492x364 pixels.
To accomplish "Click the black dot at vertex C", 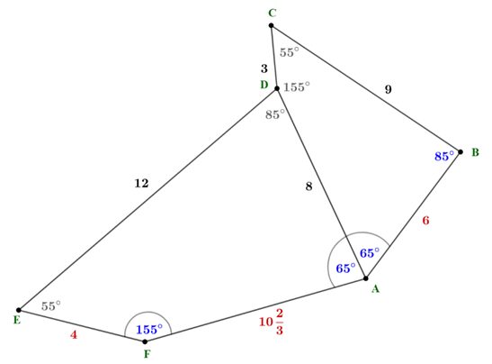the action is tap(271, 25).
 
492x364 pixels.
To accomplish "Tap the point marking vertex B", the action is tap(461, 152).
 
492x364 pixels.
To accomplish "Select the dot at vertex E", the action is tap(19, 310).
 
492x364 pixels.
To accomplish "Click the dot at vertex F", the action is tap(145, 341).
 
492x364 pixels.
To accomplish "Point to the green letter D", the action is tap(264, 85).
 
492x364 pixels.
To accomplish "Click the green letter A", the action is tap(375, 288).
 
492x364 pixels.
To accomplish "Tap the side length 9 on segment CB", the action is tap(389, 89).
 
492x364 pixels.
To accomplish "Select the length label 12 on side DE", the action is tap(141, 183).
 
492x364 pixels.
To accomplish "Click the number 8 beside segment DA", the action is tap(309, 187).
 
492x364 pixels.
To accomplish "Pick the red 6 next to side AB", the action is tap(425, 221).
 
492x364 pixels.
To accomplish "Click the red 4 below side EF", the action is tap(74, 335).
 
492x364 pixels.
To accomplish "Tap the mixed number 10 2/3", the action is tap(272, 322).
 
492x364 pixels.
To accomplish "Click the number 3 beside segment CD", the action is tap(264, 68).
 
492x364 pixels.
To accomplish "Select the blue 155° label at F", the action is tap(149, 329).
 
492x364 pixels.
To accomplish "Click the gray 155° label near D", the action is tap(297, 86).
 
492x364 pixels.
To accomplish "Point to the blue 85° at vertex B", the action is tap(444, 156).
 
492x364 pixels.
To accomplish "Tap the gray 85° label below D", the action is tap(275, 114).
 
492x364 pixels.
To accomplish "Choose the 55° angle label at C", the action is tap(290, 52).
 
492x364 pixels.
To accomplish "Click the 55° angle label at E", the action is tap(51, 305).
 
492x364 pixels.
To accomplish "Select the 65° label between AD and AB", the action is tap(370, 252).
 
